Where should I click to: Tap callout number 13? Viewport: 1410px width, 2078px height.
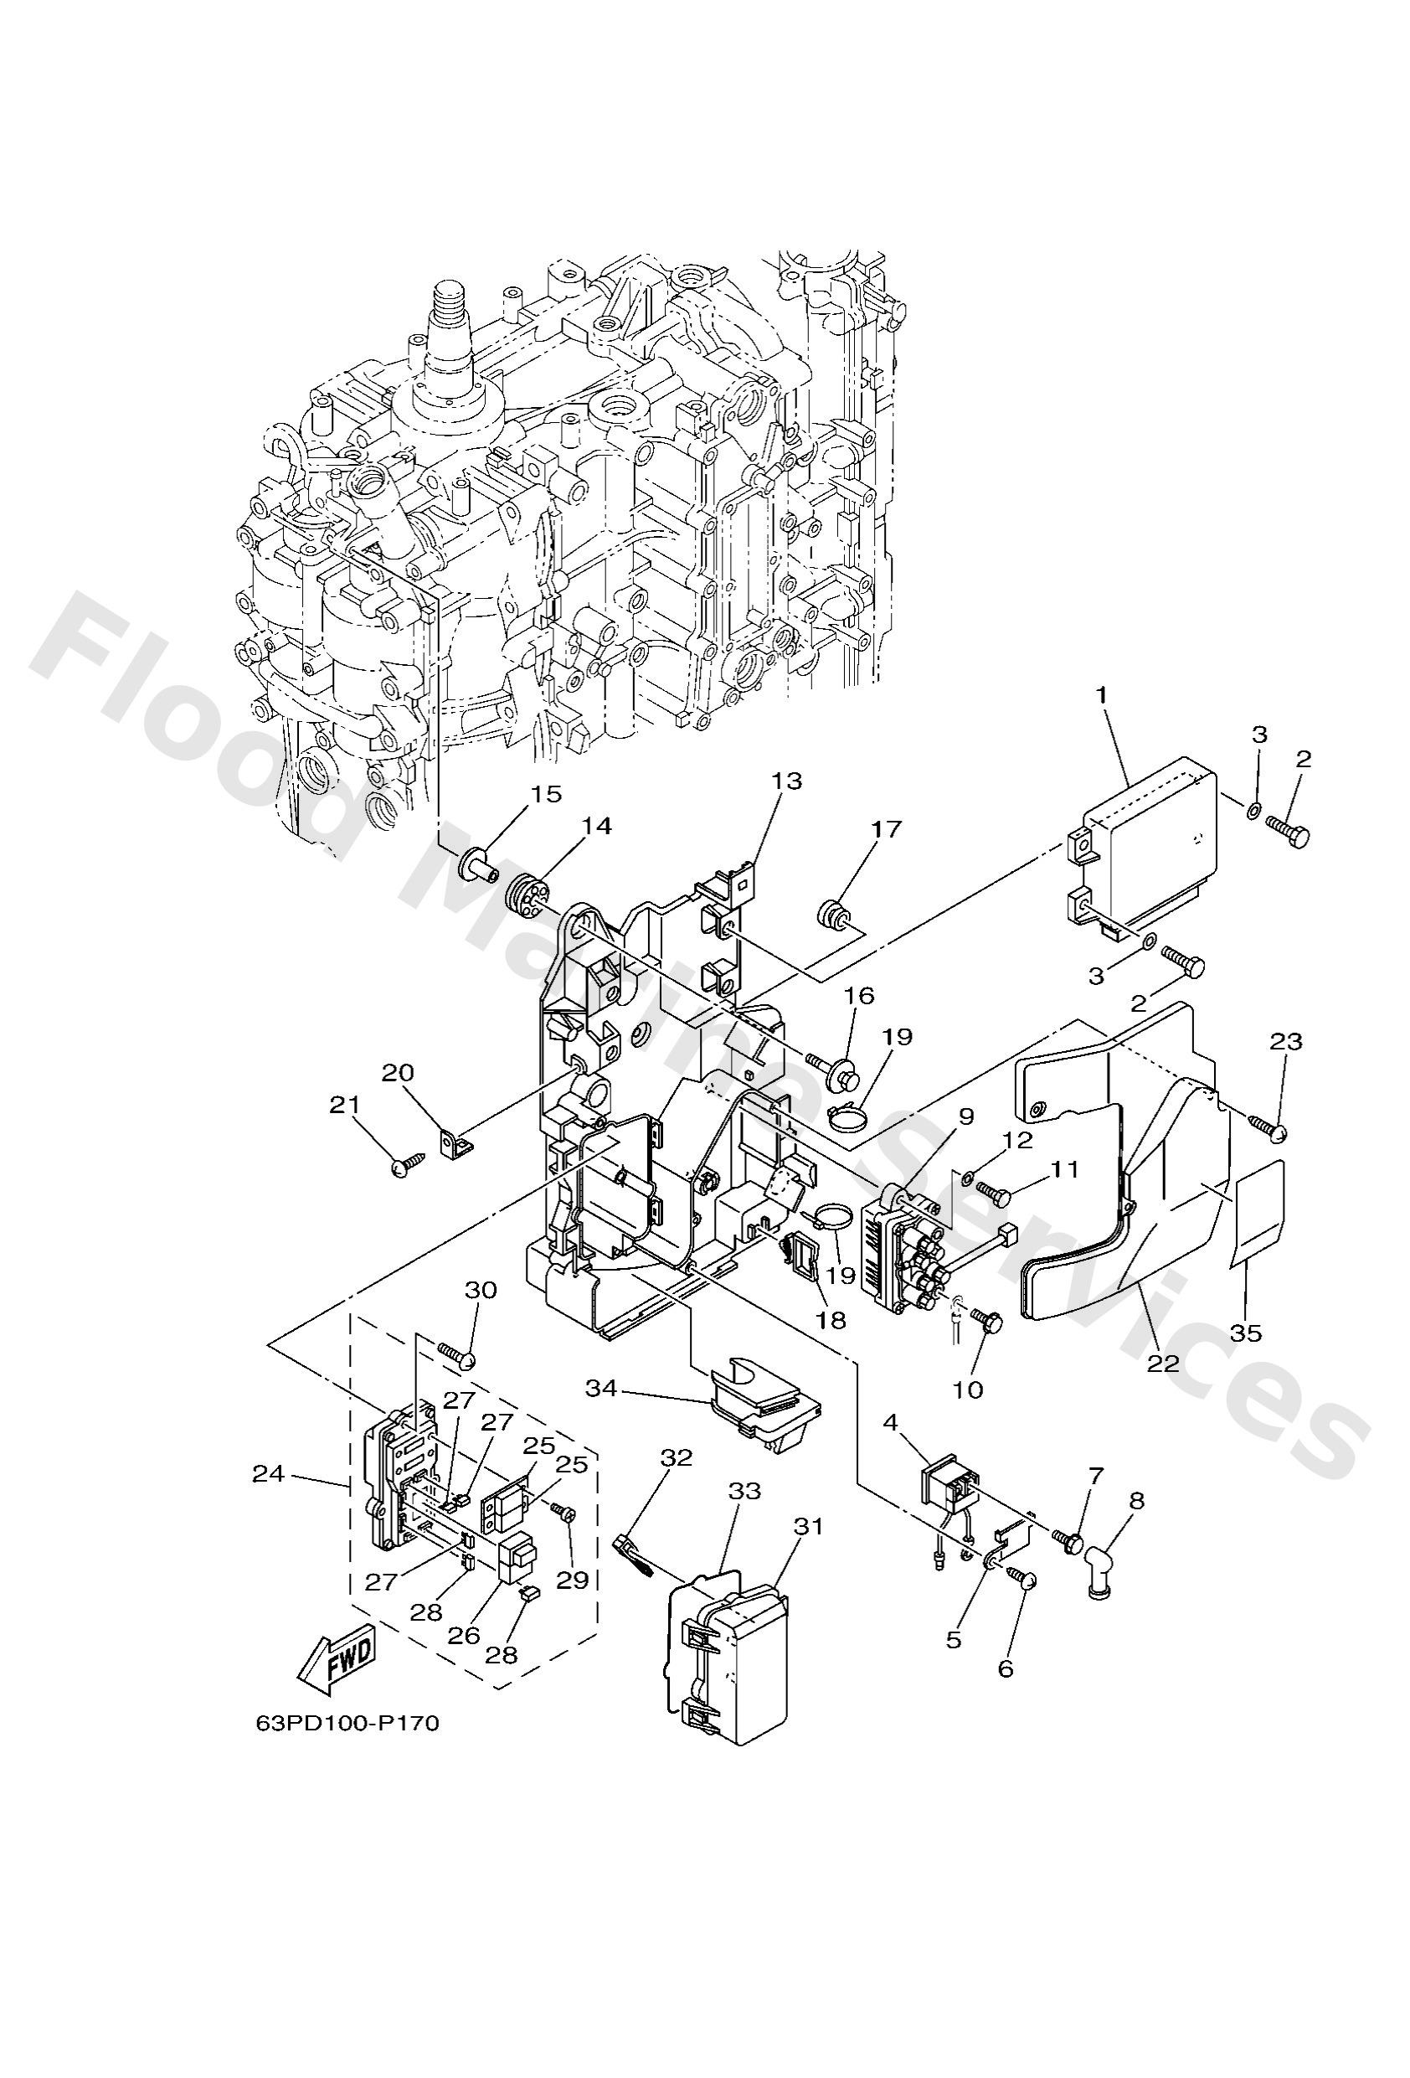[788, 781]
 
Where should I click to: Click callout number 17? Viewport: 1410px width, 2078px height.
[885, 829]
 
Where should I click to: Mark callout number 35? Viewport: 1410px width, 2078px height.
[1244, 1358]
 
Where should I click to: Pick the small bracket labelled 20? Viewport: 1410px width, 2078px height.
[455, 1142]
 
